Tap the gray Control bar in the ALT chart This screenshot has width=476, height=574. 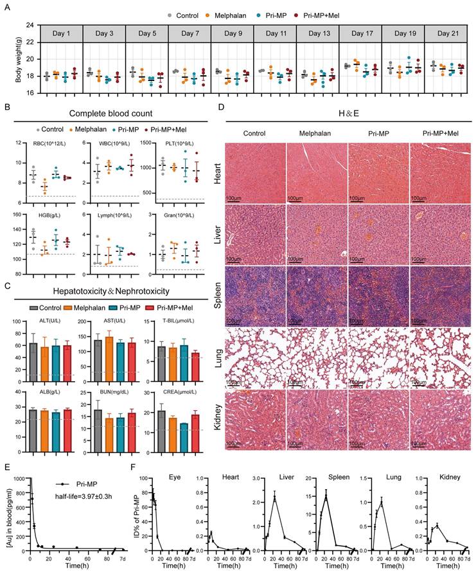coord(33,363)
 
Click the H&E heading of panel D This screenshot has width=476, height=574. coord(347,114)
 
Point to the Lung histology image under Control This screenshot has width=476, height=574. coord(254,355)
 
